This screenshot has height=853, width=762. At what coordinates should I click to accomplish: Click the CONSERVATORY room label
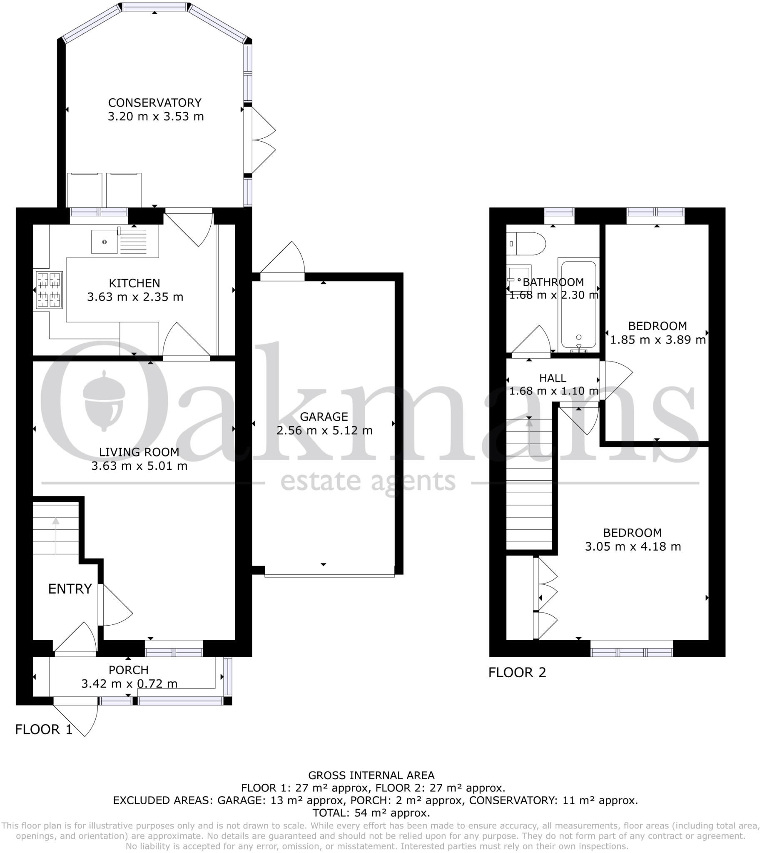click(154, 102)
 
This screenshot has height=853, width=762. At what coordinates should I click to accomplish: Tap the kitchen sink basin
click(104, 242)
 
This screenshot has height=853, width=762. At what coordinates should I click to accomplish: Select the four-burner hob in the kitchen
click(50, 290)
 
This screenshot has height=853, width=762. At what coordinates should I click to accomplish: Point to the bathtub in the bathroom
click(579, 304)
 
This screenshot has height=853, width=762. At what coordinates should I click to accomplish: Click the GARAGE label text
click(324, 417)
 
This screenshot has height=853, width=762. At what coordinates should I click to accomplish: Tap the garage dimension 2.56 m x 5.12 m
click(324, 431)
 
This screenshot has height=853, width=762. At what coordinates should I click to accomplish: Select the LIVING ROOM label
click(139, 452)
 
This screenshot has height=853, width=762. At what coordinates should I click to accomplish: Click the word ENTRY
click(70, 589)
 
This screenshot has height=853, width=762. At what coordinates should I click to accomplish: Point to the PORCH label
click(129, 670)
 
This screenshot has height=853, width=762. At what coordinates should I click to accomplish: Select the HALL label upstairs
click(553, 378)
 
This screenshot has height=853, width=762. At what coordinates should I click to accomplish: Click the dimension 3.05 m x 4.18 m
click(633, 547)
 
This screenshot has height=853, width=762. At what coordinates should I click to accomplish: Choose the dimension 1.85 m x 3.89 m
click(658, 340)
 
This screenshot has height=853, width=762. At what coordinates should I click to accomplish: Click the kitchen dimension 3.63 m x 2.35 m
click(135, 297)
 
